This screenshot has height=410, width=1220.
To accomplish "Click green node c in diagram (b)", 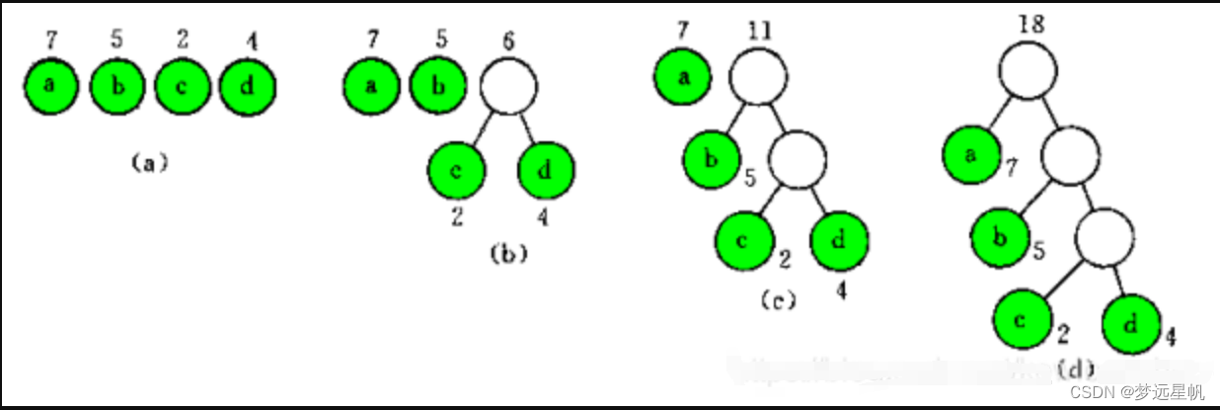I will click(457, 170).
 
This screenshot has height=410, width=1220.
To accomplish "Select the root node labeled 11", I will click(758, 76).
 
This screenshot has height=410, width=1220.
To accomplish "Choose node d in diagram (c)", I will click(840, 240).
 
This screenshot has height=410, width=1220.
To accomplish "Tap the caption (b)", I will click(507, 253).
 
